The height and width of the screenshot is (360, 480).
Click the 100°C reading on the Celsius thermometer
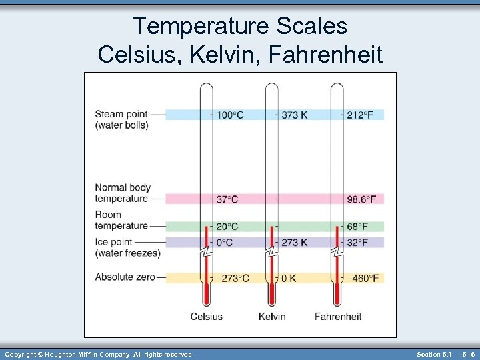pyautogui.click(x=230, y=115)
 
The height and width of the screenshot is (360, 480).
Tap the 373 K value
pyautogui.click(x=294, y=115)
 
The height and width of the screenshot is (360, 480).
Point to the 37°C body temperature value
pyautogui.click(x=227, y=199)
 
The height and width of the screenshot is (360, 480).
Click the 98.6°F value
pyautogui.click(x=361, y=199)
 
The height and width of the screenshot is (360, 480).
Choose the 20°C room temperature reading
pyautogui.click(x=227, y=227)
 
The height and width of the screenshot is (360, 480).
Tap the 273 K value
pyautogui.click(x=294, y=243)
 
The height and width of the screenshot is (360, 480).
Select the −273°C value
pyautogui.click(x=233, y=278)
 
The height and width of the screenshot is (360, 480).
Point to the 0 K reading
pyautogui.click(x=289, y=278)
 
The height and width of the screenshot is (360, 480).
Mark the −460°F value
pyautogui.click(x=363, y=278)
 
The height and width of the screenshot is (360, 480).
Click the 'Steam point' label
pyautogui.click(x=121, y=114)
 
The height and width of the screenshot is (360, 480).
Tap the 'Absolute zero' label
pyautogui.click(x=125, y=277)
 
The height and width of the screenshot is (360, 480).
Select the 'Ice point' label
pyautogui.click(x=116, y=242)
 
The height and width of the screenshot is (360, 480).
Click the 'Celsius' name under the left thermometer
pyautogui.click(x=207, y=316)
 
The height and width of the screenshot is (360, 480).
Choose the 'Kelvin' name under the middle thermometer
pyautogui.click(x=272, y=316)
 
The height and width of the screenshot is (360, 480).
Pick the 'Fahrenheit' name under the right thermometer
pyautogui.click(x=338, y=316)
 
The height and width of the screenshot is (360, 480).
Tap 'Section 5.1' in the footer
pyautogui.click(x=434, y=354)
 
